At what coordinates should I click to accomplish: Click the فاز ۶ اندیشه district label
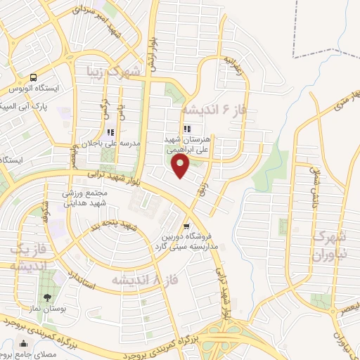[x=214, y=110]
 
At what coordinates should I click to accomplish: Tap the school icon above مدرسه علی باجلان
[x=110, y=131]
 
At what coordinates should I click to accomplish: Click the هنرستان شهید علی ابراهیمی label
[x=186, y=144]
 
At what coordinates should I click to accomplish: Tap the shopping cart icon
[x=186, y=226]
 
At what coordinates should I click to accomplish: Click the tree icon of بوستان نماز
[x=48, y=297]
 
